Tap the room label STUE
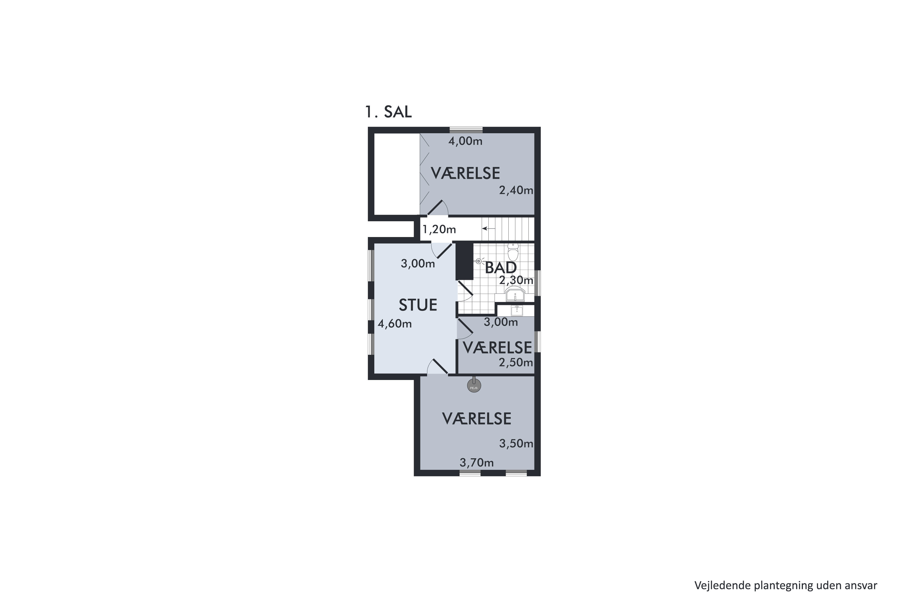418,305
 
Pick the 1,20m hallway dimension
439,229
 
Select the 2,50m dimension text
516,362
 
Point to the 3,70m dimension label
477,463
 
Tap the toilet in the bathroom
513,253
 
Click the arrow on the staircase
488,229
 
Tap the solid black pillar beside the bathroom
464,260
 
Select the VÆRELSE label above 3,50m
477,419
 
